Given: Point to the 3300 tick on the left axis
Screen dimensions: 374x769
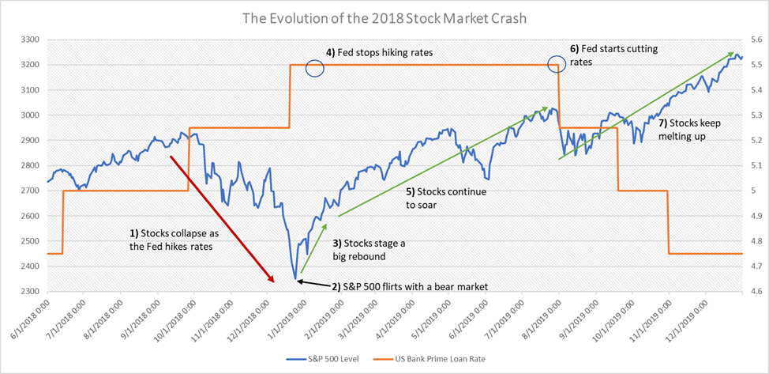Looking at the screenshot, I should (x=30, y=39).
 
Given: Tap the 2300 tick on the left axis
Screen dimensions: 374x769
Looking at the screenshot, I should (x=30, y=292).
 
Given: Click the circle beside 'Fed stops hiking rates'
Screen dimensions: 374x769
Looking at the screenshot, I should (x=314, y=69).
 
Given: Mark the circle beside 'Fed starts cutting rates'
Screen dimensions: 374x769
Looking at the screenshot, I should (x=558, y=63).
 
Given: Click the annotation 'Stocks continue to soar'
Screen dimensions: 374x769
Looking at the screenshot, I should (x=446, y=198).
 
